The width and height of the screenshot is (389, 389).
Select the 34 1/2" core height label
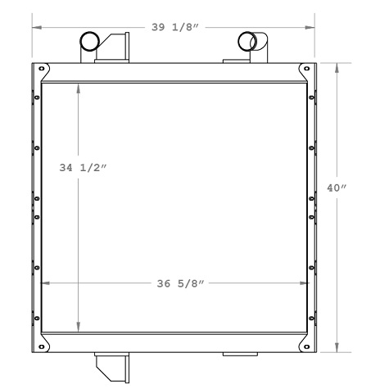point(84,168)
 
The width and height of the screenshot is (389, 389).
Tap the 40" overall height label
point(337,188)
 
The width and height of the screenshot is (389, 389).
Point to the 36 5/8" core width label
point(179,284)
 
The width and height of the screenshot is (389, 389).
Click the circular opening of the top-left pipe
point(89,42)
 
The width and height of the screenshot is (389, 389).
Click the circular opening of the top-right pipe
point(247,42)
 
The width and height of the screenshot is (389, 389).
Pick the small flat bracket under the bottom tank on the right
point(240,355)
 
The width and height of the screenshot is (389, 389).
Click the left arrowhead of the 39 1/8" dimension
point(35,27)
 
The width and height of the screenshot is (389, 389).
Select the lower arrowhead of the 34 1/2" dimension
point(79,328)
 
